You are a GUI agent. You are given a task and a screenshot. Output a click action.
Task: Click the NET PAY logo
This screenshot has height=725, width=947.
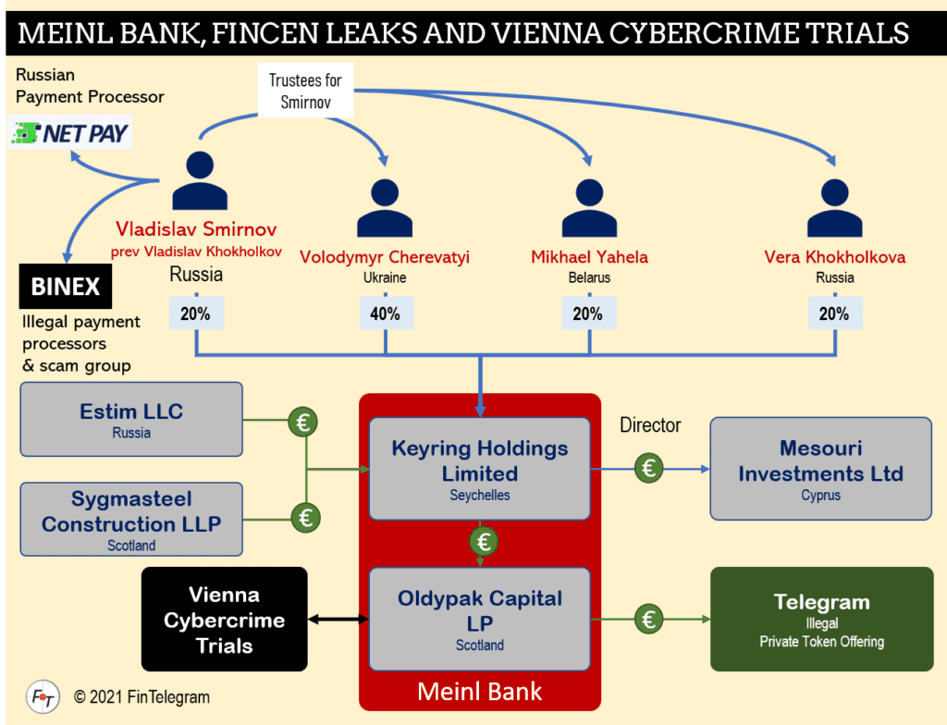coord(70,133)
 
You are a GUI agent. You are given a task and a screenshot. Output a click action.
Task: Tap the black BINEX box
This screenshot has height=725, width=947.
coord(66,287)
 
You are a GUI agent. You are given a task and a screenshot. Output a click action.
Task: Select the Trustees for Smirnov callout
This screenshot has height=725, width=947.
coord(305,91)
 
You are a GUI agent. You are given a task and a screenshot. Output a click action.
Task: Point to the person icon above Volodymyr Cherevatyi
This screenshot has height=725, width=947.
coord(385,208)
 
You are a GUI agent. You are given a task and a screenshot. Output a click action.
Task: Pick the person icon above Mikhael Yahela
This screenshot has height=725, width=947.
coord(589,208)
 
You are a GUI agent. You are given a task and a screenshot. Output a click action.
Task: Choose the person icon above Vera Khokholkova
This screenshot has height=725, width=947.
coord(834,208)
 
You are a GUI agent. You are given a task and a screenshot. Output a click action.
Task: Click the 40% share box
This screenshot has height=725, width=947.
coord(385,314)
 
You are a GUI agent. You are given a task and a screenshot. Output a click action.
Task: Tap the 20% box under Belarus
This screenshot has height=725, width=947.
coord(589,314)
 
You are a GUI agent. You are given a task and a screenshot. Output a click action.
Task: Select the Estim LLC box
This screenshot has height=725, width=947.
coord(130,419)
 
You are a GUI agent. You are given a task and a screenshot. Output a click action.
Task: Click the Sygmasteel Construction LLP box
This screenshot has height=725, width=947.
coord(130,519)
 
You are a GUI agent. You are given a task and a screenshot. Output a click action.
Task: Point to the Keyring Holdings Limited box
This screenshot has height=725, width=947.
coord(479,469)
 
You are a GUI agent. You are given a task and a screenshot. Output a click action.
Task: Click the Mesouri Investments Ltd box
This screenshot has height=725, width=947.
coord(820,468)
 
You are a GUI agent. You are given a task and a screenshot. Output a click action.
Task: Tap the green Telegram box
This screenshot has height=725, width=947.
coord(821,619)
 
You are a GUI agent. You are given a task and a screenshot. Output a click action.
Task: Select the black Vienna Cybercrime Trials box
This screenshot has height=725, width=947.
coord(224,619)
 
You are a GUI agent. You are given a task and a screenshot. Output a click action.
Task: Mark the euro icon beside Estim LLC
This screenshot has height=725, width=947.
coord(302,423)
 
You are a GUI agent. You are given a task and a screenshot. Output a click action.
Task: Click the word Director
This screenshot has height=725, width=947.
coord(650,425)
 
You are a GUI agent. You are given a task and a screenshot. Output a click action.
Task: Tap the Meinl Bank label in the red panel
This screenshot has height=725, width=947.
coord(479,691)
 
